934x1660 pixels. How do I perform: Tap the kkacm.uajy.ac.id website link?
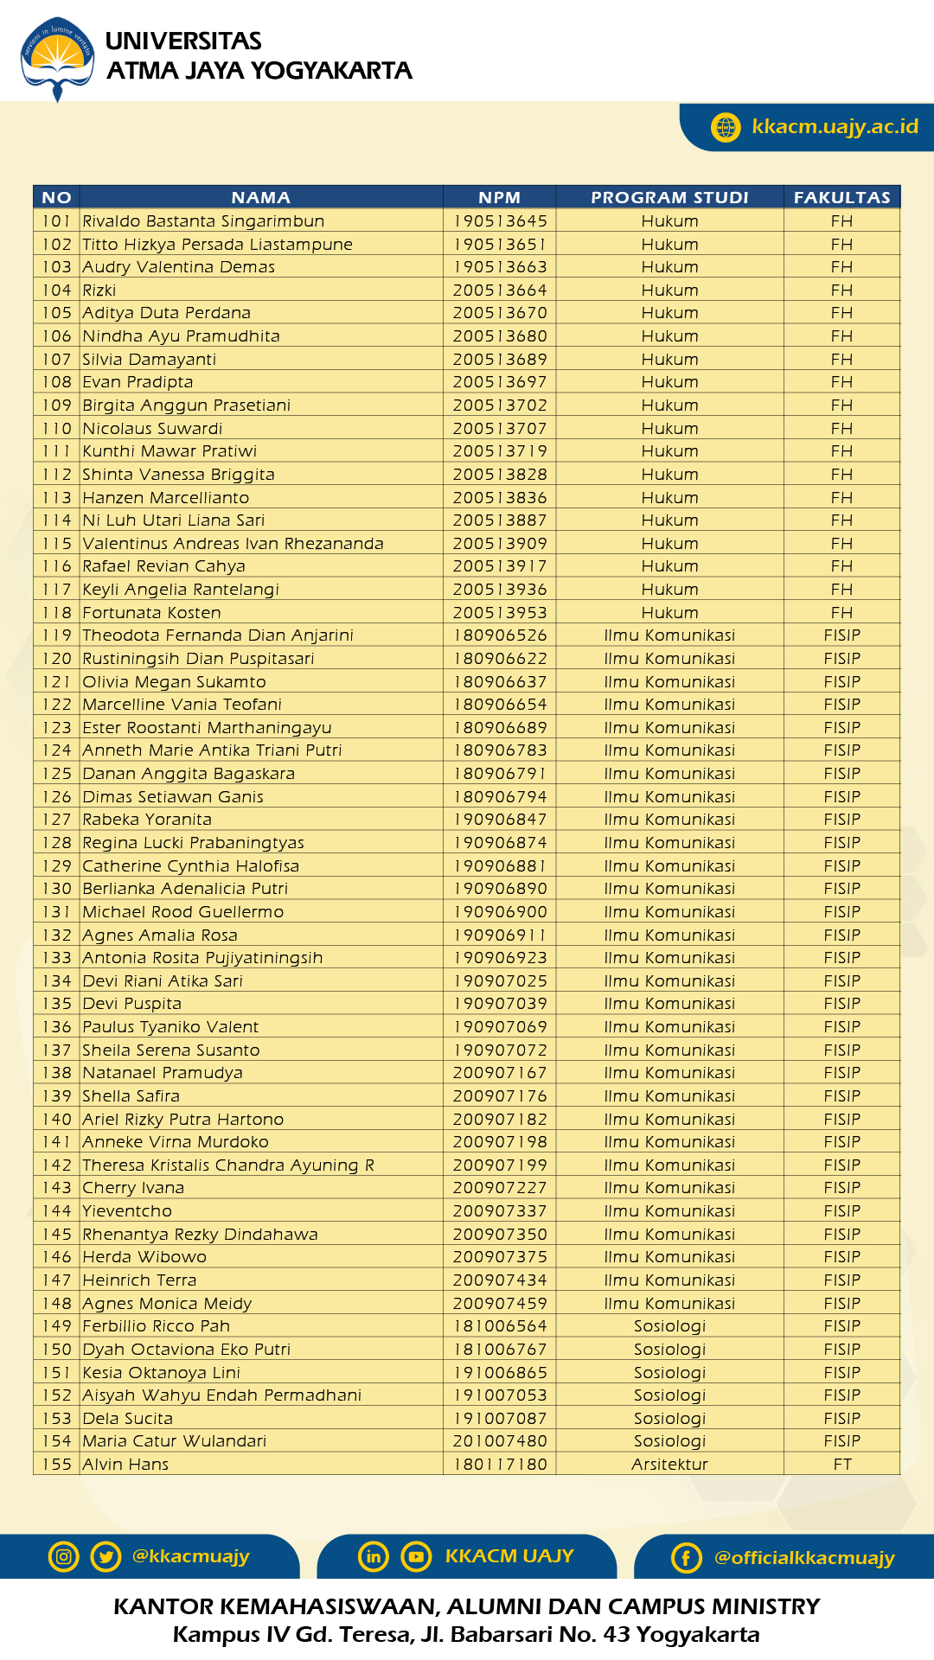click(834, 126)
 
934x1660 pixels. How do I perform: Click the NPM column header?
click(499, 197)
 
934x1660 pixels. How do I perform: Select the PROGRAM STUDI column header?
click(669, 197)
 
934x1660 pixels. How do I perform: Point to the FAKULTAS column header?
click(841, 197)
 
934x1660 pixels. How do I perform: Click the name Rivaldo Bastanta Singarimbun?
click(203, 221)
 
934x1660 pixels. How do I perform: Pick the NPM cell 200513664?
click(500, 290)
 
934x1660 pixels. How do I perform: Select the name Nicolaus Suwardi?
click(152, 429)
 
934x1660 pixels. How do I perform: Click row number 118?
click(57, 613)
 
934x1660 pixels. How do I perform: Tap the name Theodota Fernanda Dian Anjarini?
click(218, 635)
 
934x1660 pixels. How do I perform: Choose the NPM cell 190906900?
click(500, 912)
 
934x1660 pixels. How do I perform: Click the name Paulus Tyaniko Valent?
click(170, 1027)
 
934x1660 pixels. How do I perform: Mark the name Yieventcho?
click(127, 1211)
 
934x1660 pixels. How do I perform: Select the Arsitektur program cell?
click(669, 1465)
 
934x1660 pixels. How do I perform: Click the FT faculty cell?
click(842, 1465)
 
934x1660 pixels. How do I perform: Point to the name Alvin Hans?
click(125, 1465)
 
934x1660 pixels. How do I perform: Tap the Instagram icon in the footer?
click(63, 1556)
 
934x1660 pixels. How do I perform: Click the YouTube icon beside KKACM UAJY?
click(416, 1556)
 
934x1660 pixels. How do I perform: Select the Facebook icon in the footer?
click(686, 1558)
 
